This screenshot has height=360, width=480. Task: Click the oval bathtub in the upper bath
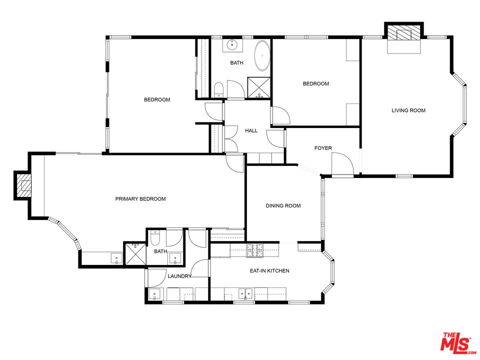262,55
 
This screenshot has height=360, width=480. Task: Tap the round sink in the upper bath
232,45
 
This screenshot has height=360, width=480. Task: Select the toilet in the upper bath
218,90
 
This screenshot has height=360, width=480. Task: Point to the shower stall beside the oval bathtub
259,87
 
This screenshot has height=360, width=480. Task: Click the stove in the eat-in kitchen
255,250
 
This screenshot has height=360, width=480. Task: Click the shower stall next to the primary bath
134,253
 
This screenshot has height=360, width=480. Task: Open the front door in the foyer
342,165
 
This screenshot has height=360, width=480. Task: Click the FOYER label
323,148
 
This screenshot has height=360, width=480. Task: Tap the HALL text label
251,131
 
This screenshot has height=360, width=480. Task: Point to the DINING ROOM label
283,205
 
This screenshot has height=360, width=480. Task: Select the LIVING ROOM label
408,110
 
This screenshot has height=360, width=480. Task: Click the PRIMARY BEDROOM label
140,199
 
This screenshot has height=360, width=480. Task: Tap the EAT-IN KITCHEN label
269,271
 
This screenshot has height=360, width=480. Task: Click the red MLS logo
456,343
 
